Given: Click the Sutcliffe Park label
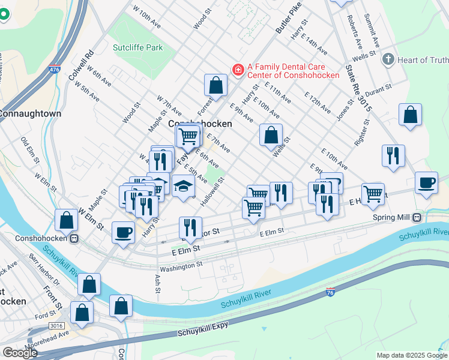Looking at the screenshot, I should click(137, 47).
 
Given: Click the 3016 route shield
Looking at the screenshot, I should click(56, 325).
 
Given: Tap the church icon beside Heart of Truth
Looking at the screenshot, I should click(388, 59).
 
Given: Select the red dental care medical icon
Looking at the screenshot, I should click(238, 70).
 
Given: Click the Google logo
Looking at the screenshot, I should click(20, 352).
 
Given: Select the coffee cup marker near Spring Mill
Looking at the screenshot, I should click(426, 184).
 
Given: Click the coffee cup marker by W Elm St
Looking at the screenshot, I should click(123, 232).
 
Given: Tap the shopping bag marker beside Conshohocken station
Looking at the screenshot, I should click(66, 220).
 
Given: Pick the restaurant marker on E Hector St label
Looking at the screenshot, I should click(190, 227).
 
